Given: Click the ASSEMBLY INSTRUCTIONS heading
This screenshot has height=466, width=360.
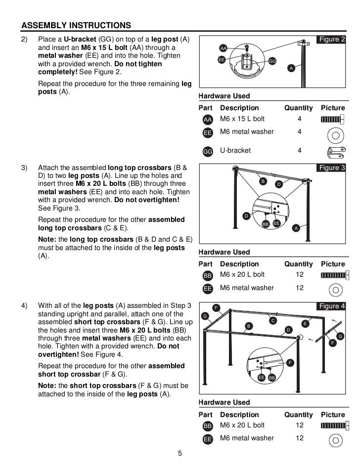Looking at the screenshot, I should (x=76, y=25).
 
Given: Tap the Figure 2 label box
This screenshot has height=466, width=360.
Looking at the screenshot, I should (x=332, y=40).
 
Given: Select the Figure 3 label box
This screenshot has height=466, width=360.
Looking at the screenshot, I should (x=332, y=168).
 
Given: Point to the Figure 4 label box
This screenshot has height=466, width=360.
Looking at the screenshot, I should (x=332, y=306).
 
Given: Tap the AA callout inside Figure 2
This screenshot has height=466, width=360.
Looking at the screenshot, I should (x=223, y=48).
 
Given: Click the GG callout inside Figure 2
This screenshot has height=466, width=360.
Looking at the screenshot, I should (x=272, y=61).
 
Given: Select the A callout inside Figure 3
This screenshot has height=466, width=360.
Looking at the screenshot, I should (x=296, y=227).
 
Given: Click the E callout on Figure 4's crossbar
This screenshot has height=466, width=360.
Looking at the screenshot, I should (x=305, y=323).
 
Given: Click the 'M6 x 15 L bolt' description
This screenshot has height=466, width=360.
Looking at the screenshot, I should (x=242, y=119).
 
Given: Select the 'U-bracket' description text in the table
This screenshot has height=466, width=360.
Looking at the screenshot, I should (x=235, y=150).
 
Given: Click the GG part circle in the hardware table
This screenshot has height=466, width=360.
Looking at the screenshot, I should (x=208, y=152).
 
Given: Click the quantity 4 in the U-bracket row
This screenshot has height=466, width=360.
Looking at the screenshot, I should (x=299, y=150).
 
